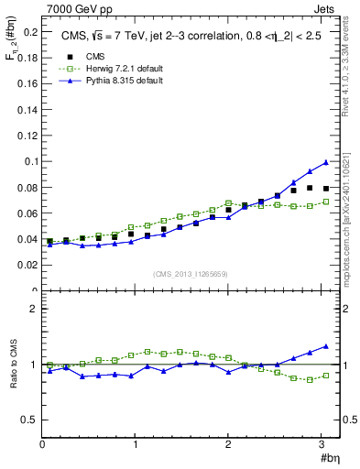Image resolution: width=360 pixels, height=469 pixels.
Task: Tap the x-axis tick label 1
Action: pos(136,444)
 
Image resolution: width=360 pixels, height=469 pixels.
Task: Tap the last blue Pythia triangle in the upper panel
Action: pos(325,162)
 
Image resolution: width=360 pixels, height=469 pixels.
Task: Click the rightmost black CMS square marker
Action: pos(325,188)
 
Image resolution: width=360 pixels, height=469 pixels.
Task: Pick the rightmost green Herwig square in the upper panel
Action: pos(325,202)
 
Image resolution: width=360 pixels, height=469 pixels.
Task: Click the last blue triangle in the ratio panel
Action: pos(325,346)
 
